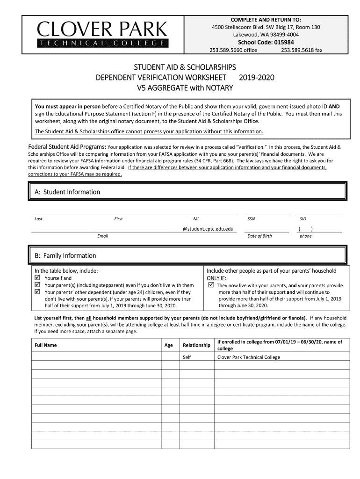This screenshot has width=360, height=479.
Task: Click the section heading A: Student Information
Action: click(x=67, y=192)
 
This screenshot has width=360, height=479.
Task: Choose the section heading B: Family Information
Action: click(x=65, y=255)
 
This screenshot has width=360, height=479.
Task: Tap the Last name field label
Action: click(x=39, y=219)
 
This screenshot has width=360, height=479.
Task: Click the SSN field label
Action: click(x=251, y=219)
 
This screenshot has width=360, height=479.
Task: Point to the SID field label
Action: click(x=303, y=219)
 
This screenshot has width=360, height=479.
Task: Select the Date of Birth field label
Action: click(x=259, y=236)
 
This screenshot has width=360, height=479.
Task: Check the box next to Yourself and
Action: click(x=38, y=278)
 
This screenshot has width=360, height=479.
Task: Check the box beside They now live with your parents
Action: click(x=211, y=285)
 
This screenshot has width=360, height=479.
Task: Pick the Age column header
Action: click(x=169, y=345)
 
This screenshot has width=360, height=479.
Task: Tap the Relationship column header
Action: click(x=196, y=345)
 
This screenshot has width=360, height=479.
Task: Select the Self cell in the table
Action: click(x=187, y=357)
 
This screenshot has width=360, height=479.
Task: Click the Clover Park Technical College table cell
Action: click(x=249, y=357)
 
